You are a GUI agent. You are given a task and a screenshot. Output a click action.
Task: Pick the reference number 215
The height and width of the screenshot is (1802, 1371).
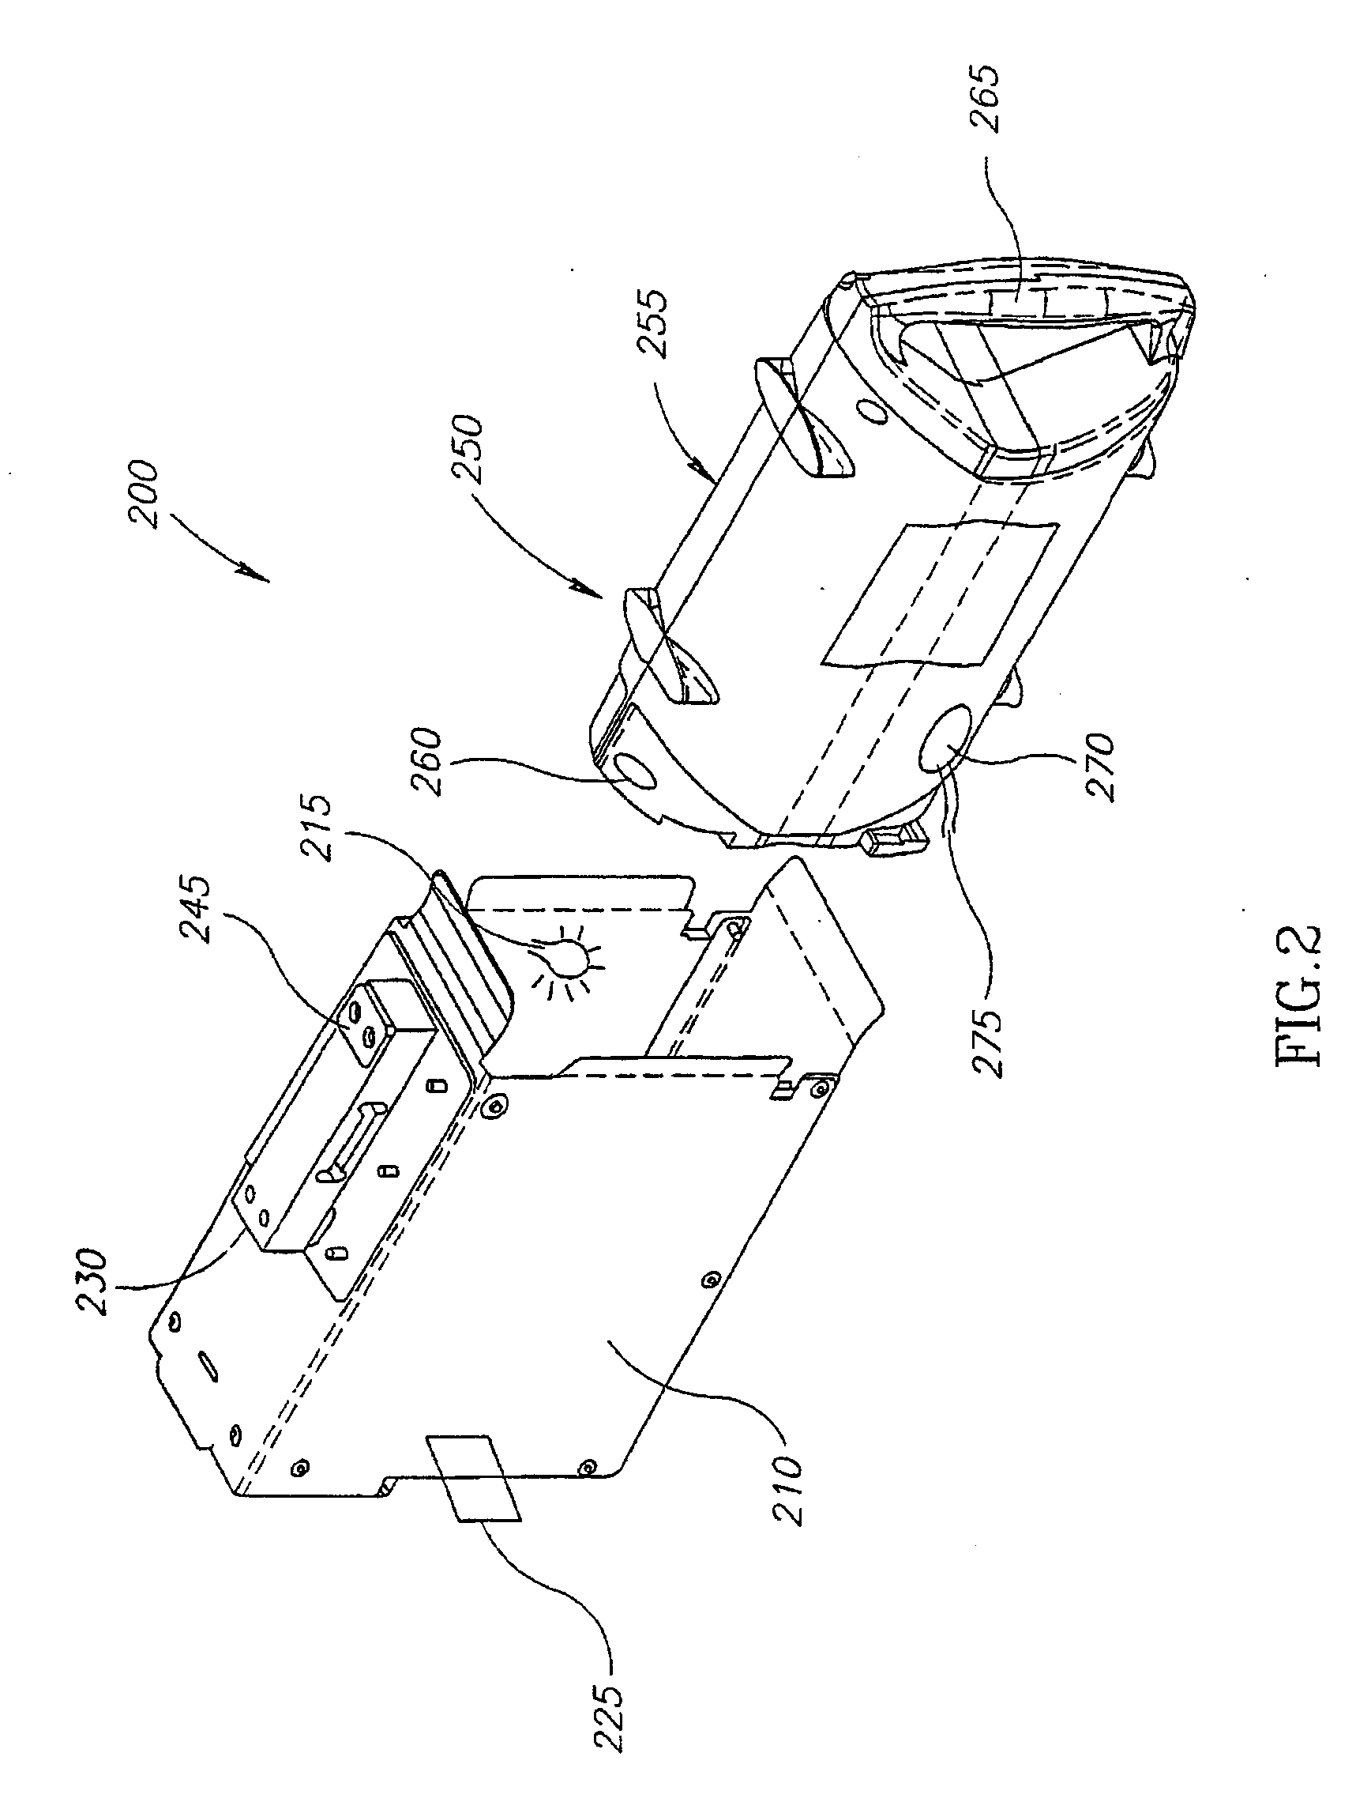(x=317, y=828)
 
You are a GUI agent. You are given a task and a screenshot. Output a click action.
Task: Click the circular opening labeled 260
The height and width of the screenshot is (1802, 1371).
(x=635, y=770)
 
